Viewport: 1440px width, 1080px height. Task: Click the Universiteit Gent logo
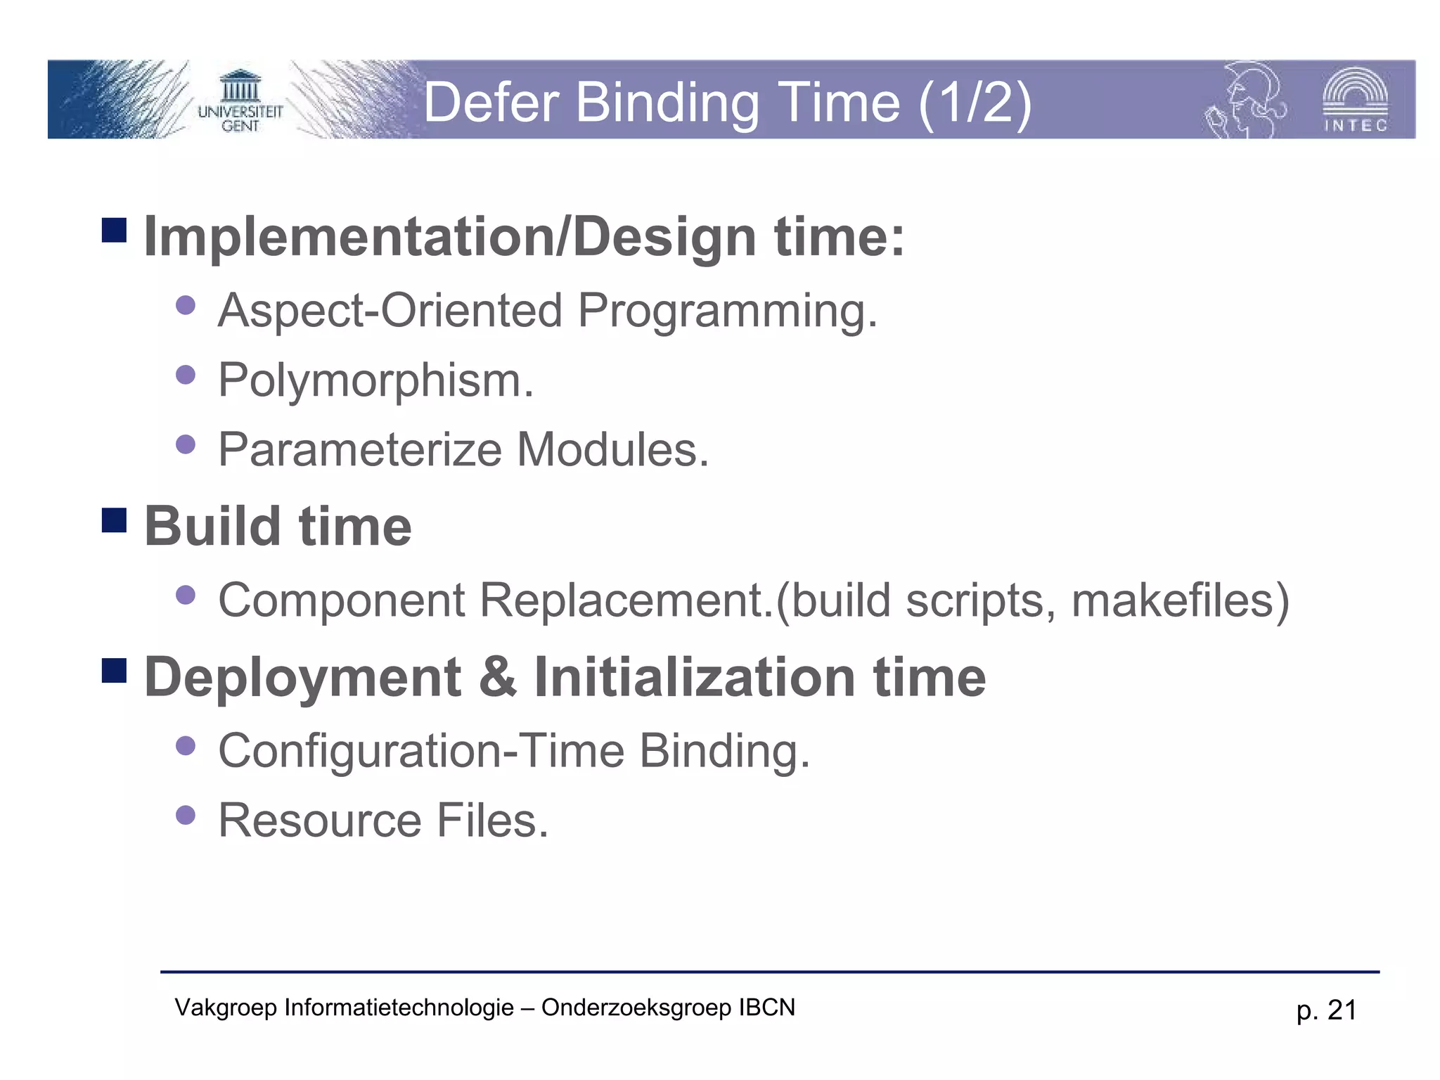(240, 101)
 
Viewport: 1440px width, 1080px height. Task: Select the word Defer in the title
(491, 103)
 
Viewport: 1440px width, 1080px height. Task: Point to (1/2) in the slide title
(975, 103)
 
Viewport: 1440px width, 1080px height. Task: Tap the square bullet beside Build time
(114, 520)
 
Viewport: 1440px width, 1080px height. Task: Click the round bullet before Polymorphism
(186, 375)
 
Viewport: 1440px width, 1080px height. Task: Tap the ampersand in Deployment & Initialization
(498, 676)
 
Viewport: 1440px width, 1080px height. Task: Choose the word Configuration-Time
(421, 751)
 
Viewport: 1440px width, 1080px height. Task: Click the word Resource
(320, 821)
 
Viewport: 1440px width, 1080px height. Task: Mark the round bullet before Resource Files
(186, 815)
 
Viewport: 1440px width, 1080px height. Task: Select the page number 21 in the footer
(1342, 1010)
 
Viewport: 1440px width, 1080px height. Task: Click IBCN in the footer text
(766, 1008)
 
